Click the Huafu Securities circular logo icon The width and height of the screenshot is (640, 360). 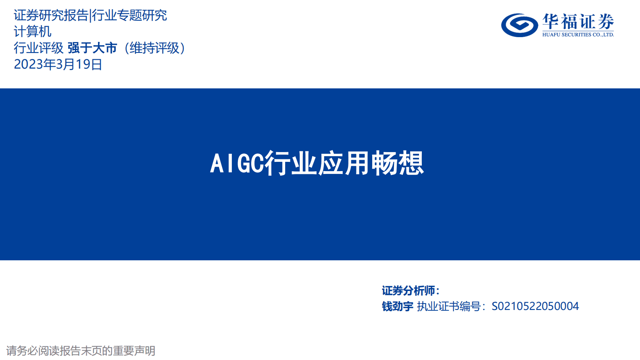click(519, 25)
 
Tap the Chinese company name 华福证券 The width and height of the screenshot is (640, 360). click(578, 21)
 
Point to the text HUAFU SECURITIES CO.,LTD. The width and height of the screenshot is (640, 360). click(578, 35)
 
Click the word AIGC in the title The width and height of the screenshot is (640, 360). click(237, 163)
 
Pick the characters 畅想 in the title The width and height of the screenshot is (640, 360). click(397, 163)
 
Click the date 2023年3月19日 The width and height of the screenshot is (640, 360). click(58, 64)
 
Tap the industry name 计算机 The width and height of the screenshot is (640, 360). click(33, 31)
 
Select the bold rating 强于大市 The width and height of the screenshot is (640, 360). click(92, 48)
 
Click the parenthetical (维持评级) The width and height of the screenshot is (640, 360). click(154, 48)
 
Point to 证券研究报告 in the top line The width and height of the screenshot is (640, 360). click(51, 15)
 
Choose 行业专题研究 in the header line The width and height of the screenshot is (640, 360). click(129, 15)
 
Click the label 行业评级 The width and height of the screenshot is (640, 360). click(39, 48)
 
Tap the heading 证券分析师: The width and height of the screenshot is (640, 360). click(411, 291)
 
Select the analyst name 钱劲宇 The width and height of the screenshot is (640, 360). click(398, 306)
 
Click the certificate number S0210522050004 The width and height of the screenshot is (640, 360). click(535, 306)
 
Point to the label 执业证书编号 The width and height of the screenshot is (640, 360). click(449, 306)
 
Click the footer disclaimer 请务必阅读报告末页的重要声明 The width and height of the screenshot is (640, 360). click(81, 351)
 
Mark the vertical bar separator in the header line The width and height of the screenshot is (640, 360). click(90, 15)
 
